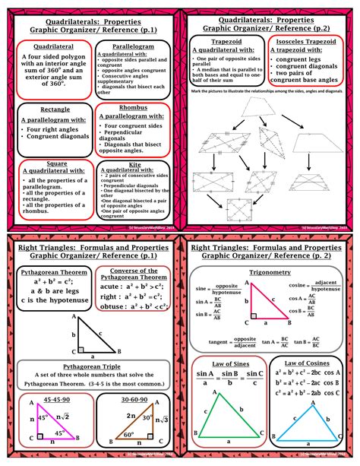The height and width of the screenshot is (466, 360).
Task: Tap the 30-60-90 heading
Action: click(x=134, y=401)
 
